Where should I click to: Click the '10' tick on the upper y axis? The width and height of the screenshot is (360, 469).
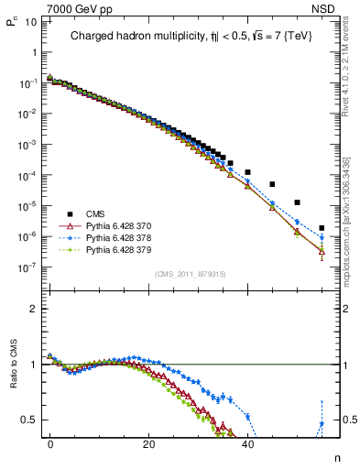[30, 20]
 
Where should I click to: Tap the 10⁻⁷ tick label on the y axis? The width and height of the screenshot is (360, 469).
[27, 267]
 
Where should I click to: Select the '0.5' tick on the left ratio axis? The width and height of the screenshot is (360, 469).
[28, 420]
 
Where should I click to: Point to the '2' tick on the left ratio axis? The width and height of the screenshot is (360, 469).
[33, 309]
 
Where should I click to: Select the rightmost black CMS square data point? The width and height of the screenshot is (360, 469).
[322, 228]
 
